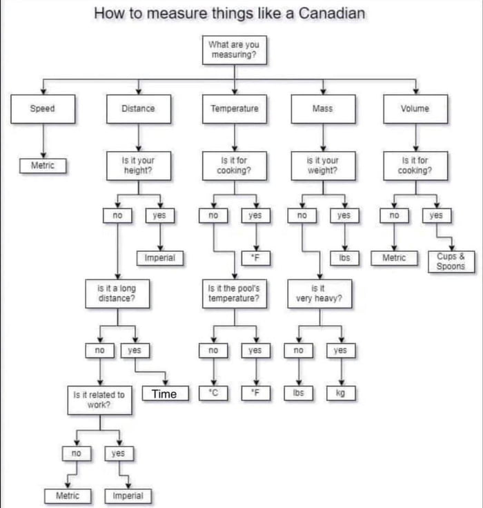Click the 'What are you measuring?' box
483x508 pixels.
coord(234,50)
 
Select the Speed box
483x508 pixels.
coord(42,108)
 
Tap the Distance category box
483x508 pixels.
coord(138,108)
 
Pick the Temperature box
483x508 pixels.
coord(235,108)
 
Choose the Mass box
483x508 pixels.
coord(322,108)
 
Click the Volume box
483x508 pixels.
coord(415,108)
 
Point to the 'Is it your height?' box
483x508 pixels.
coord(138,166)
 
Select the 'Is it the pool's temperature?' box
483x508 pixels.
coord(234,293)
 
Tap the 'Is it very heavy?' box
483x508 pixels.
coord(319,293)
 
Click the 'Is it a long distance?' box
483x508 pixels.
coord(117,293)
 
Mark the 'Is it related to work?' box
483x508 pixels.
coord(99,400)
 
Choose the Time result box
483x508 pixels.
coord(164,394)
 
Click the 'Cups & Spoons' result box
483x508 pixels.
coord(451,262)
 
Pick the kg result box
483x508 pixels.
coord(340,393)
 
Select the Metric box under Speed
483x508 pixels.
coord(43,166)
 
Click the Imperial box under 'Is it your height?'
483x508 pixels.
coord(160,258)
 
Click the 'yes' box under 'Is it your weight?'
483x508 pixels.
coord(344,215)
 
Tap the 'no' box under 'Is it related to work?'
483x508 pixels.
coord(76,453)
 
